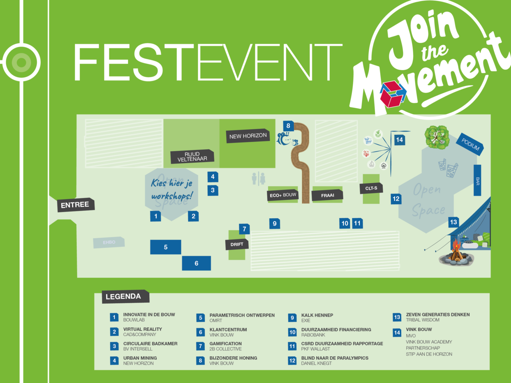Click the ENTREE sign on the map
tap(75, 205)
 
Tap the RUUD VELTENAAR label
tap(192, 156)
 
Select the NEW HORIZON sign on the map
tap(248, 136)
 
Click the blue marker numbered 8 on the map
tap(288, 126)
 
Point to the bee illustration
tap(286, 139)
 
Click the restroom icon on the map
tap(258, 178)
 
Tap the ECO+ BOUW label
tap(283, 195)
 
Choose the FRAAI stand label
tap(327, 195)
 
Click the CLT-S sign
tap(371, 188)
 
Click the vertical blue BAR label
tap(477, 181)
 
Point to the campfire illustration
tap(456, 253)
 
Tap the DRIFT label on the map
tap(237, 244)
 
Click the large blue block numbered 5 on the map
tap(166, 247)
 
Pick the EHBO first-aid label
tap(109, 243)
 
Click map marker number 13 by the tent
tap(454, 222)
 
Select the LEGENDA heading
tap(123, 296)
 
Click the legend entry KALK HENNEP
tap(317, 315)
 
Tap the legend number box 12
tap(292, 361)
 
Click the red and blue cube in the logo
tap(392, 94)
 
